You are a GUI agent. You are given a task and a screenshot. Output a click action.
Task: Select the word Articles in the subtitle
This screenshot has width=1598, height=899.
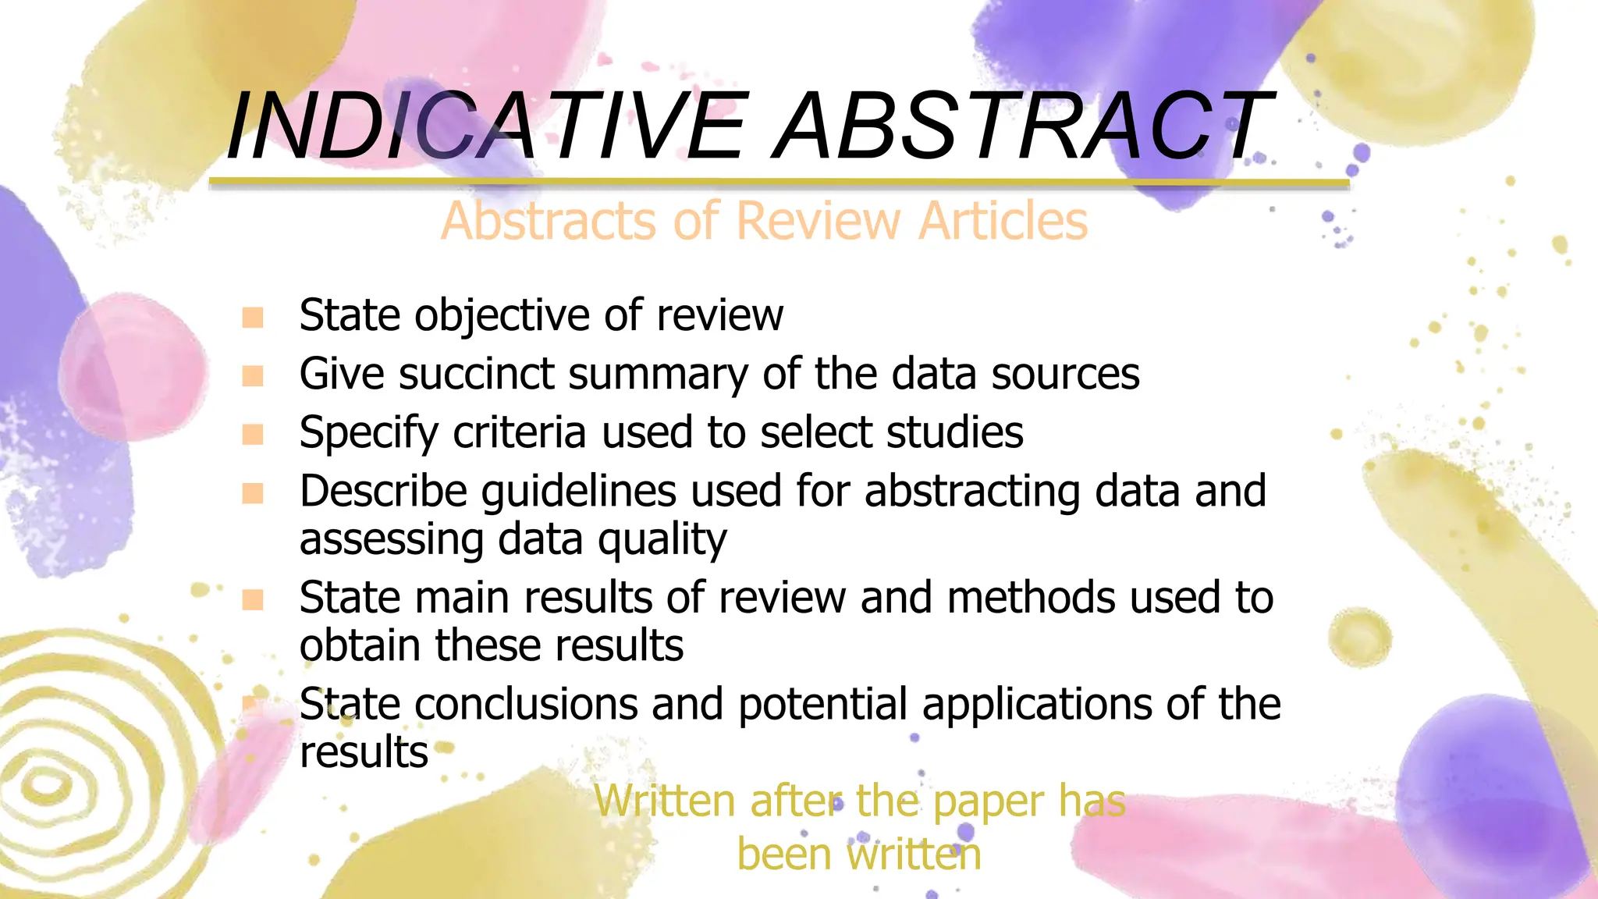(1003, 221)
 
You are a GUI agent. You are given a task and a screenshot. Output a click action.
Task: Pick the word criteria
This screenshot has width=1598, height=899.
(519, 432)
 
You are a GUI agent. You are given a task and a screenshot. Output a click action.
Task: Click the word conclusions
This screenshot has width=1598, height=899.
(526, 705)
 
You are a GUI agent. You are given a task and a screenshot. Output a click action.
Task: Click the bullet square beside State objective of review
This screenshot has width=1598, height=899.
(253, 318)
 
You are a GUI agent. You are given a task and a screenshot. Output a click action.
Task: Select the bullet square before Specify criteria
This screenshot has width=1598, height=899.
(253, 434)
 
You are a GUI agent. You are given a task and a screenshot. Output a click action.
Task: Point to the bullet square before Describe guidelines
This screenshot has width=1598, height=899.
(253, 493)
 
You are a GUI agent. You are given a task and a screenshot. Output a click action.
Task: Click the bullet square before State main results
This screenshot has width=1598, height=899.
(253, 599)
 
